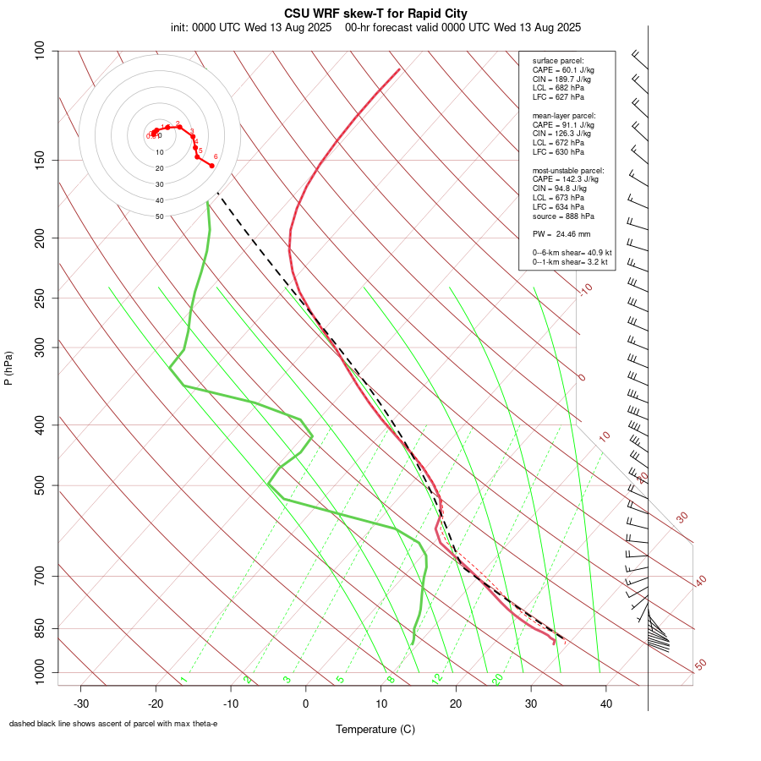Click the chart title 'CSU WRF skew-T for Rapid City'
click(x=375, y=14)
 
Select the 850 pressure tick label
click(x=41, y=629)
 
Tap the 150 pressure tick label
click(x=41, y=161)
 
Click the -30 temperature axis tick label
click(x=81, y=703)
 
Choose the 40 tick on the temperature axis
click(x=606, y=703)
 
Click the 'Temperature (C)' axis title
click(x=375, y=729)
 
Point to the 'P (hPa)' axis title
click(x=8, y=368)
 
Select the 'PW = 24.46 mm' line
click(x=561, y=233)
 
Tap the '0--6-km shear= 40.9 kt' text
click(x=572, y=253)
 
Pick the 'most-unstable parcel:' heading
click(x=565, y=170)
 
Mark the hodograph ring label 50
click(x=159, y=216)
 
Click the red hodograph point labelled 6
click(x=211, y=166)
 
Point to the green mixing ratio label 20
click(x=498, y=678)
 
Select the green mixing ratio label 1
click(x=183, y=680)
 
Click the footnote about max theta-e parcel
click(x=113, y=724)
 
